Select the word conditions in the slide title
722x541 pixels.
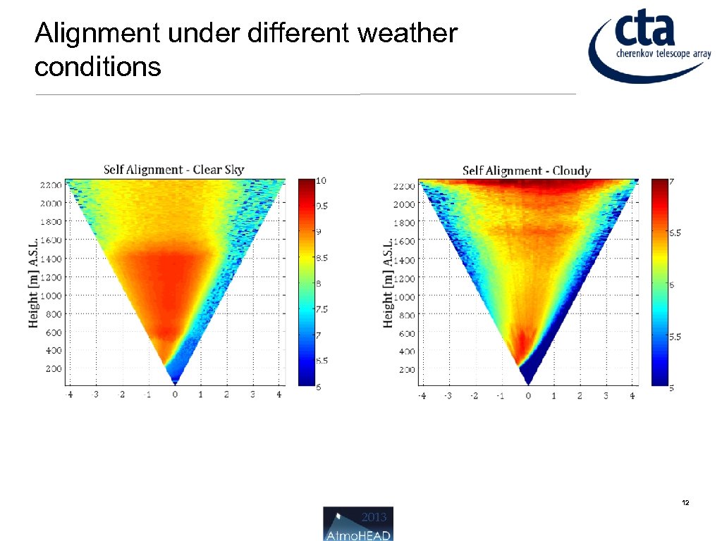(x=97, y=68)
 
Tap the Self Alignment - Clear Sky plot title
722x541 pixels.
(x=173, y=169)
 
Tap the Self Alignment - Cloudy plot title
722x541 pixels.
(x=526, y=170)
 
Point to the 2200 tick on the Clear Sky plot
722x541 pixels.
(x=50, y=185)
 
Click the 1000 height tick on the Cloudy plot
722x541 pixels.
(x=404, y=297)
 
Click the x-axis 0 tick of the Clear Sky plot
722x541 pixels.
(x=175, y=394)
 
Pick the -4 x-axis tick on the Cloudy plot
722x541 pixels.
(x=422, y=396)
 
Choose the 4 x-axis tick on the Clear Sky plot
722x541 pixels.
(x=279, y=394)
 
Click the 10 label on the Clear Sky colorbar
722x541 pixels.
(x=320, y=180)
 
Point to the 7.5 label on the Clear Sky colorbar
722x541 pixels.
(x=321, y=309)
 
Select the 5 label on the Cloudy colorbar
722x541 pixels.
(x=671, y=388)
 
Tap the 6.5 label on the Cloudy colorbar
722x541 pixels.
(x=674, y=232)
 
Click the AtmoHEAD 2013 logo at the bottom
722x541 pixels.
(x=358, y=523)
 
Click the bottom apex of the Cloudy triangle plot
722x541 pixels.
(x=528, y=383)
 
